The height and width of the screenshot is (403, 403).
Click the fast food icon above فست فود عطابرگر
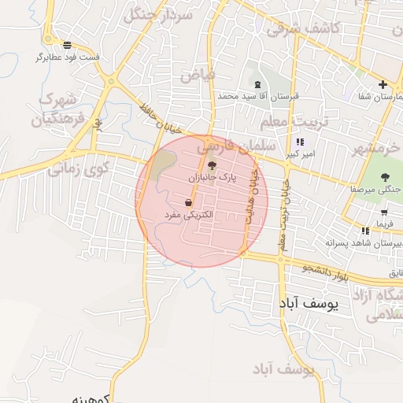pyautogui.click(x=68, y=45)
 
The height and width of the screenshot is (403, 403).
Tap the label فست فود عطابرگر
pyautogui.click(x=68, y=57)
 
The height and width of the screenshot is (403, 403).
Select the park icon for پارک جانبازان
pyautogui.click(x=211, y=165)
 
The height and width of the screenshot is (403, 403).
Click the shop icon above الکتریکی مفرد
pyautogui.click(x=188, y=203)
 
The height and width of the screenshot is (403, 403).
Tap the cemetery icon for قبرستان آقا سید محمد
pyautogui.click(x=257, y=83)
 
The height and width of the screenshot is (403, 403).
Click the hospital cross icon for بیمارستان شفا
pyautogui.click(x=383, y=84)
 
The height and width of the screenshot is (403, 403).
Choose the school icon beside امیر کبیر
pyautogui.click(x=299, y=142)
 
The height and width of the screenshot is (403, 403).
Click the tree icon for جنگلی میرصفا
pyautogui.click(x=385, y=177)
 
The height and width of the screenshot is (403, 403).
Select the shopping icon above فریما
pyautogui.click(x=383, y=212)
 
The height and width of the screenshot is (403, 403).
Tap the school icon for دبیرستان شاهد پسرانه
pyautogui.click(x=365, y=231)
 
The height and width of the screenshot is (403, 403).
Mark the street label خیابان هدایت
pyautogui.click(x=253, y=197)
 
